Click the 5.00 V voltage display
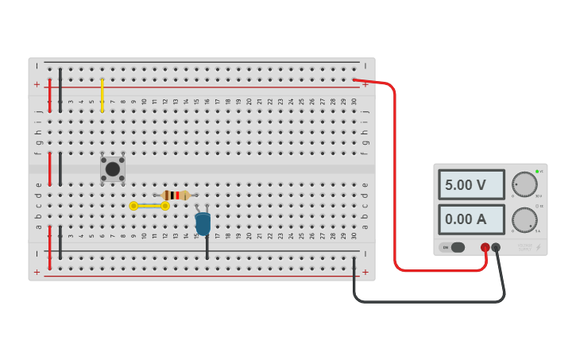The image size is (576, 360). click(471, 184)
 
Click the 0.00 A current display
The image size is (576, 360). click(471, 219)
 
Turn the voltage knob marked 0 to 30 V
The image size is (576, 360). click(524, 184)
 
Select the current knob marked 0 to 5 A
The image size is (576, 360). click(524, 219)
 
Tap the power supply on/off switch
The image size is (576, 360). click(453, 247)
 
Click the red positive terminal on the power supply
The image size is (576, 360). click(485, 247)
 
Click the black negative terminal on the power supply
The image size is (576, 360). click(496, 247)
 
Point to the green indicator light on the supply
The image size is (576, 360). click(537, 172)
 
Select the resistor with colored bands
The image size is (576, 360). click(176, 195)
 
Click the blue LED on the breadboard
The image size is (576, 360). click(203, 224)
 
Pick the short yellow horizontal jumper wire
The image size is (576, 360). click(149, 206)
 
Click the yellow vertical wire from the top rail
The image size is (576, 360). click(102, 95)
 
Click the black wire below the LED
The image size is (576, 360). click(207, 247)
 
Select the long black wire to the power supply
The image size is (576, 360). click(429, 301)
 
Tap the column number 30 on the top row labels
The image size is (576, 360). click(354, 102)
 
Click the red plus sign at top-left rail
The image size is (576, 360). click(37, 84)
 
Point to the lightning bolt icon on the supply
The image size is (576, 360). click(538, 247)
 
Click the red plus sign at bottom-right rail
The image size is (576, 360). click(365, 272)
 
